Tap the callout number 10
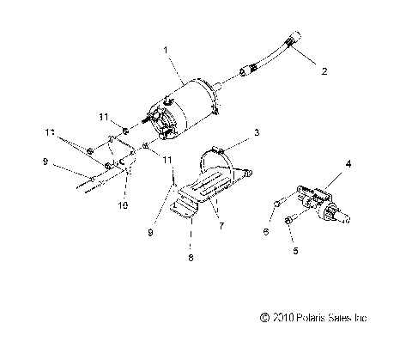pos(121,205)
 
